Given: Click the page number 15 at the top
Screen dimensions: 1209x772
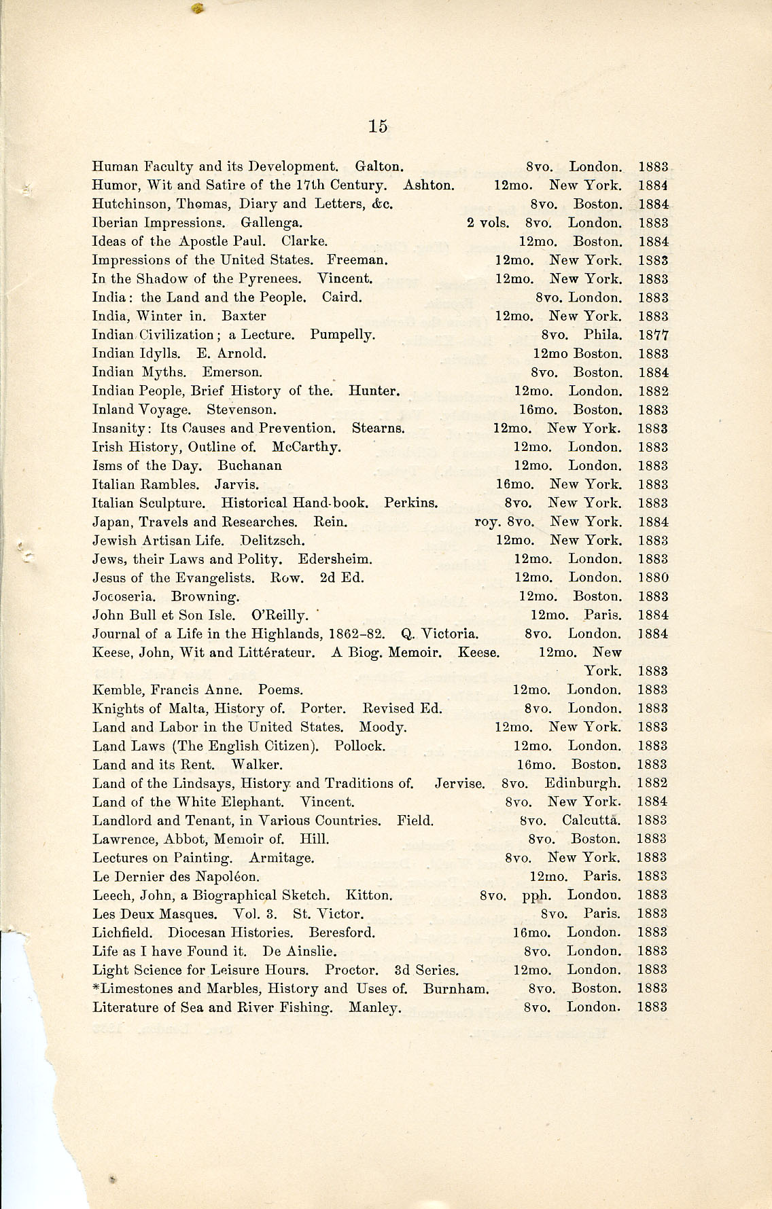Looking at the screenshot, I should pos(378,126).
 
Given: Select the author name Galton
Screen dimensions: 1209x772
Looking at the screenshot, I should pos(380,166).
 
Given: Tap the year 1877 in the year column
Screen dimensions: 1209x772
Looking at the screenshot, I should pos(653,335).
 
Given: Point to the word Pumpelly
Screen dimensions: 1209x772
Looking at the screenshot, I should pos(343,335).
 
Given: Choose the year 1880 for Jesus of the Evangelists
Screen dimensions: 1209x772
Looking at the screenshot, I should pos(653,578).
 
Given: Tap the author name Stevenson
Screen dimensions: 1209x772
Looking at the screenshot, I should pos(241,410).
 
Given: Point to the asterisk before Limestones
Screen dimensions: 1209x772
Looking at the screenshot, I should pos(96,988).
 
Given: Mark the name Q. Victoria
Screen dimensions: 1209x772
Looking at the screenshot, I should pos(440,634).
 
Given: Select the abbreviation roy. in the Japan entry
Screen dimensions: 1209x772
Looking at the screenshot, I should pos(486,522).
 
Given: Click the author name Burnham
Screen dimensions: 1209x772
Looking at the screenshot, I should pos(455,988).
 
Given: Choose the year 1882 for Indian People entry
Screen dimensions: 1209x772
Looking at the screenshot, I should pos(653,391).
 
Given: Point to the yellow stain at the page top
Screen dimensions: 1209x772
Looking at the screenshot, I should pos(198,7).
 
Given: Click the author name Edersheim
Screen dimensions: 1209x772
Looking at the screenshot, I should pos(335,559).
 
